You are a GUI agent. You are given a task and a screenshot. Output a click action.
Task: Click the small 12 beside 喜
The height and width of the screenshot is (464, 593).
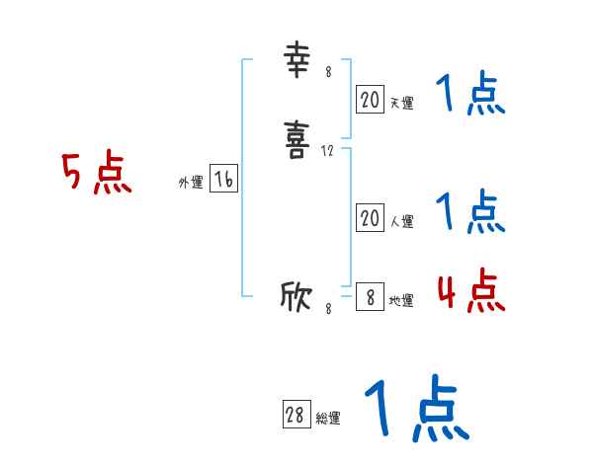(x=328, y=152)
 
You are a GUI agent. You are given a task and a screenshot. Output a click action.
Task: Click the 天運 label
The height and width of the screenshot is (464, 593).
(x=401, y=103)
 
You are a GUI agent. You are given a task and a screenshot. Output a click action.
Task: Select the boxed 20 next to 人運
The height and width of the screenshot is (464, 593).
(x=370, y=218)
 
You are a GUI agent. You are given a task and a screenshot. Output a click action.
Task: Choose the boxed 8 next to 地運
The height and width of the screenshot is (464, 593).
(x=370, y=297)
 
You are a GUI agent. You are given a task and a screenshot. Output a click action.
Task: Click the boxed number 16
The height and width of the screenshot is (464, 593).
(x=223, y=179)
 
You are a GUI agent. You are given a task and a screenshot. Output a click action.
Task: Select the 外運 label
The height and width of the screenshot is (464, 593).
(x=191, y=183)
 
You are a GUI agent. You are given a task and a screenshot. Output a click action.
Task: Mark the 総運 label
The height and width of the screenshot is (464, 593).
(x=327, y=419)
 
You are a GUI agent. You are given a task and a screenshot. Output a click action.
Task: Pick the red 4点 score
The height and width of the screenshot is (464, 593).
(x=470, y=290)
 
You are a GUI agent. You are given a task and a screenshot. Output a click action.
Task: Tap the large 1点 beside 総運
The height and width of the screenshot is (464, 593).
(x=415, y=411)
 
